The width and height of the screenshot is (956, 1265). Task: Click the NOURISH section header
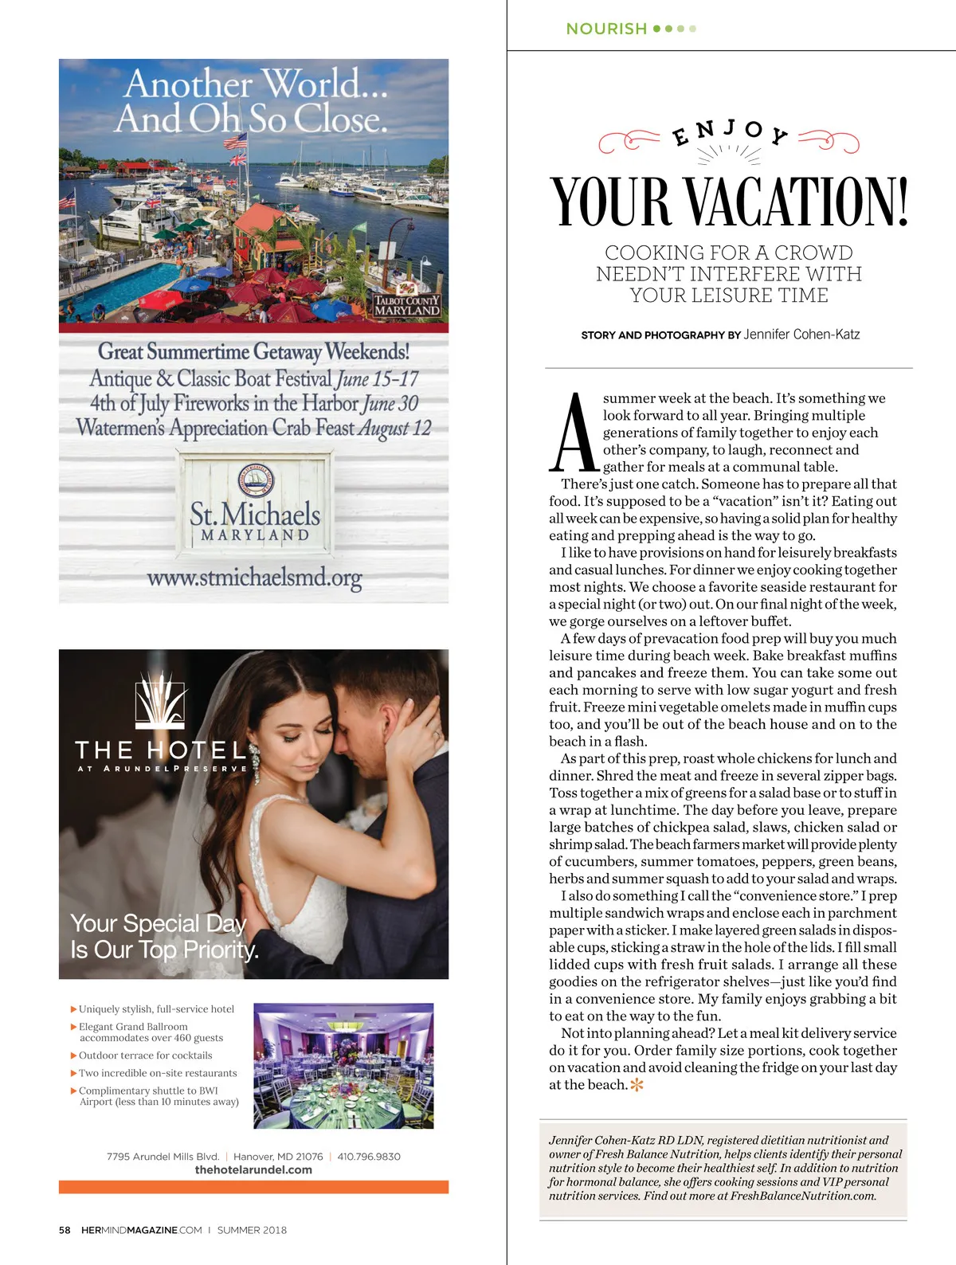pyautogui.click(x=606, y=29)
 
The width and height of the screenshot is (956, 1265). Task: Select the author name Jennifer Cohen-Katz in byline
pyautogui.click(x=801, y=335)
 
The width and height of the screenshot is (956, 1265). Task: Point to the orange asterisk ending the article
pyautogui.click(x=637, y=1085)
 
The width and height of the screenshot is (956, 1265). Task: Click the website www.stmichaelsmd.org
pyautogui.click(x=254, y=578)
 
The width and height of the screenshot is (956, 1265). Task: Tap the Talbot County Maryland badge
pyautogui.click(x=407, y=305)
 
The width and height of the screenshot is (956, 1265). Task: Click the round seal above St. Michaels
pyautogui.click(x=256, y=480)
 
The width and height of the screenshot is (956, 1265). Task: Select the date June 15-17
pyautogui.click(x=378, y=379)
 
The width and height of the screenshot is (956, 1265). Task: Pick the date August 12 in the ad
pyautogui.click(x=394, y=429)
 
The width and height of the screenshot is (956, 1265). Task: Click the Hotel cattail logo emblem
pyautogui.click(x=161, y=701)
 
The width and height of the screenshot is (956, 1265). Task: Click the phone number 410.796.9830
pyautogui.click(x=369, y=1157)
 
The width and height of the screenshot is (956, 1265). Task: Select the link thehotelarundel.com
pyautogui.click(x=253, y=1170)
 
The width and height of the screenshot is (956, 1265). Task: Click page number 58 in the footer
pyautogui.click(x=65, y=1230)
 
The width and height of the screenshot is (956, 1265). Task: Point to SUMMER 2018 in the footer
pyautogui.click(x=252, y=1230)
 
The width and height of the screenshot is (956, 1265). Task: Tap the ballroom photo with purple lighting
pyautogui.click(x=343, y=1066)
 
